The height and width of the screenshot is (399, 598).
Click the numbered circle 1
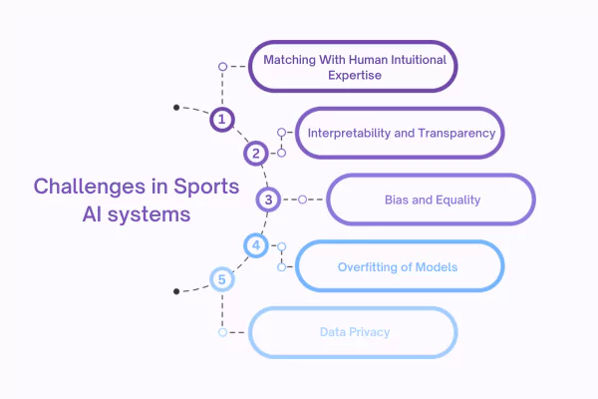[x=223, y=120]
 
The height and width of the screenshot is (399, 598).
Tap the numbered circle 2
[x=256, y=153]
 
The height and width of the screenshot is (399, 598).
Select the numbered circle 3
[x=267, y=199]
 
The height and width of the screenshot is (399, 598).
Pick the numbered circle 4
[x=255, y=244]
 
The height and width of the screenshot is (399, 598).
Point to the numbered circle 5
[x=222, y=278]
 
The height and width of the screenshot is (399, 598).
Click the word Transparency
[x=455, y=133]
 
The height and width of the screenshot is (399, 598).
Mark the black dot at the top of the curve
[x=176, y=107]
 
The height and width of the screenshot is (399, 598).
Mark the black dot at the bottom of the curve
[x=176, y=290]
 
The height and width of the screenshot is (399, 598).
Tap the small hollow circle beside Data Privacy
[x=223, y=332]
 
